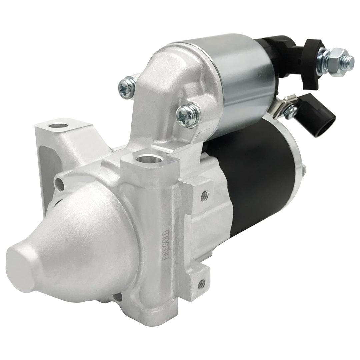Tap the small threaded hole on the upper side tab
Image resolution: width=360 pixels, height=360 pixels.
tap(204, 194)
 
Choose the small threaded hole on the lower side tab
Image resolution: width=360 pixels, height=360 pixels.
tap(201, 285)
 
